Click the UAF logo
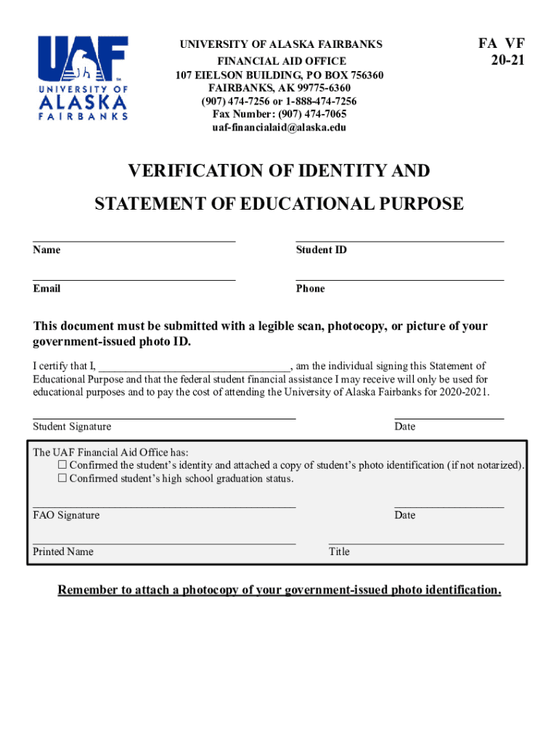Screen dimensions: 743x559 point(83,78)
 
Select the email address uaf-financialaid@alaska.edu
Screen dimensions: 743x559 point(279,127)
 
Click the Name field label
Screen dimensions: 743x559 point(46,250)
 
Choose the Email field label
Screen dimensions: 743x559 point(46,289)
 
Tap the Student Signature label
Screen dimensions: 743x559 point(72,427)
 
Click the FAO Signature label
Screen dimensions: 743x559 point(66,515)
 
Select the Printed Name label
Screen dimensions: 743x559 point(63,551)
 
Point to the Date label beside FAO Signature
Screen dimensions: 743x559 point(405,515)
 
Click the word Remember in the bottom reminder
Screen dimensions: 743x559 point(90,590)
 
